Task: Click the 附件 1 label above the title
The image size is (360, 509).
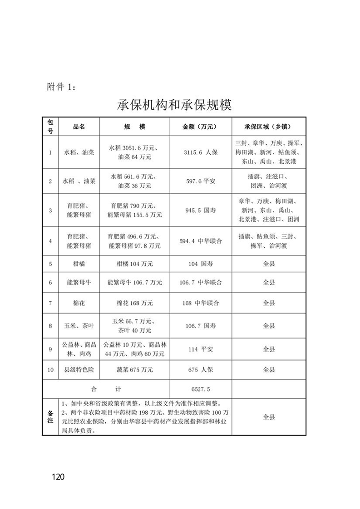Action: [x=62, y=87]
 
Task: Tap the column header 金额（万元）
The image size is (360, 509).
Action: [x=201, y=127]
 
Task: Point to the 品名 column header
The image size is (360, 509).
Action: [x=79, y=127]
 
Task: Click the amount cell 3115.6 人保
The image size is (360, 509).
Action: [x=201, y=152]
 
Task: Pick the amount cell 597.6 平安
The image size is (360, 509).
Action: [x=201, y=181]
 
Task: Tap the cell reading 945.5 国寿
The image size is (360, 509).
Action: [x=201, y=210]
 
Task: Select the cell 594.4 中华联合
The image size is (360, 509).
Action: [x=201, y=241]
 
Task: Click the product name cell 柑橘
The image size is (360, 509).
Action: [x=79, y=264]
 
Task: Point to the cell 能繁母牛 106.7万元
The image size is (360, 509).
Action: [x=135, y=283]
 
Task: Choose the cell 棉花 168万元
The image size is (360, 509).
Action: [x=135, y=303]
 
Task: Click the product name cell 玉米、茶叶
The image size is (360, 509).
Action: [x=79, y=326]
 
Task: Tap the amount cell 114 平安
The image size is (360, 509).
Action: [x=201, y=349]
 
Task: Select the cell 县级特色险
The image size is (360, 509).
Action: [x=79, y=370]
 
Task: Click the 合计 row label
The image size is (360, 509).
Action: [x=105, y=389]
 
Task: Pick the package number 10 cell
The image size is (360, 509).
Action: [x=50, y=370]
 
